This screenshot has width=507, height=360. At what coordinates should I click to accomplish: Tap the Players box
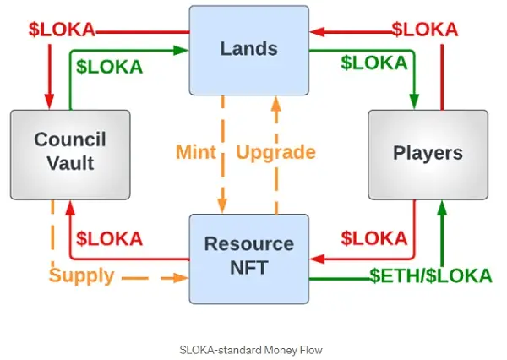428,153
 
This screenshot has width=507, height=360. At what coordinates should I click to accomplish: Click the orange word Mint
196,153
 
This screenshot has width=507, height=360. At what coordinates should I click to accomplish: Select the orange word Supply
82,275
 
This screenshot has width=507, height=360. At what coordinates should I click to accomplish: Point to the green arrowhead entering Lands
183,51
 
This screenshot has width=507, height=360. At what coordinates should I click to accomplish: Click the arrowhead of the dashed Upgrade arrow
275,101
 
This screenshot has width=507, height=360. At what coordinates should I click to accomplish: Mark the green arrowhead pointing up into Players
440,205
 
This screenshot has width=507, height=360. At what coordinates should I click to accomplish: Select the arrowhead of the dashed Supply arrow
183,277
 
